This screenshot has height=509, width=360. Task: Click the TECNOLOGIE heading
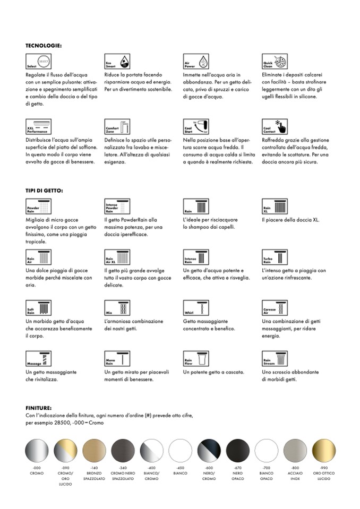(x=44, y=46)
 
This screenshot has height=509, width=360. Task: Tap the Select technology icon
(x=38, y=62)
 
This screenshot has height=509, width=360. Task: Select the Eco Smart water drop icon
(x=117, y=62)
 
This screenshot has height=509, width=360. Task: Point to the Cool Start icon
(x=196, y=127)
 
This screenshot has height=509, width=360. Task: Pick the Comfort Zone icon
(x=117, y=127)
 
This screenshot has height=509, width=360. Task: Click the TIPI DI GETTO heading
(x=44, y=190)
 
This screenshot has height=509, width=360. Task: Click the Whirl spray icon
(x=196, y=308)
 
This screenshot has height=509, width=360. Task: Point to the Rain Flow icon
(x=196, y=359)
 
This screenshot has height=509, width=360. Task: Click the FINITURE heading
(x=38, y=408)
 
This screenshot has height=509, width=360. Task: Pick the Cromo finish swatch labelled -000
(x=36, y=451)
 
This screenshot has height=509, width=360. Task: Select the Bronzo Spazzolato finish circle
(x=94, y=451)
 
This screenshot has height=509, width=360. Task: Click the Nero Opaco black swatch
(x=237, y=451)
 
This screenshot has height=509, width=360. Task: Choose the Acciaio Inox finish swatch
(x=295, y=451)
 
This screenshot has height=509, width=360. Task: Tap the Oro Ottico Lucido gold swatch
(x=324, y=451)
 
